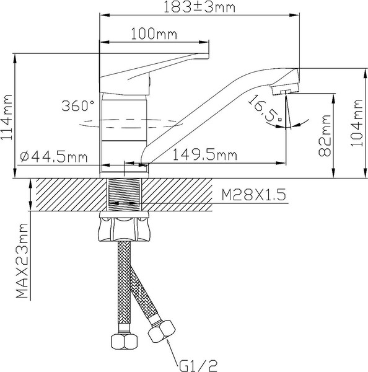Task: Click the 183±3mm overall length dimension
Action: (199, 7)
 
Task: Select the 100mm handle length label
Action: (154, 34)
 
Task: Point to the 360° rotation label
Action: (78, 105)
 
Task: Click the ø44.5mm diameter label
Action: (54, 156)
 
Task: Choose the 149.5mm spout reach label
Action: (205, 155)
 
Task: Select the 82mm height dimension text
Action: (325, 135)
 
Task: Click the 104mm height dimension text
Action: (357, 123)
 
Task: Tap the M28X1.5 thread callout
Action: (254, 195)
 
